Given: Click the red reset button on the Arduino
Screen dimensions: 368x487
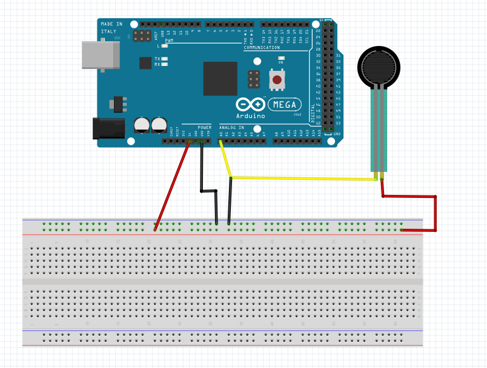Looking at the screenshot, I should click(277, 79).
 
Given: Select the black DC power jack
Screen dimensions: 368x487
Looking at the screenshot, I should click(104, 129).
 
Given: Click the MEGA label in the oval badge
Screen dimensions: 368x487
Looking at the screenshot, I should click(284, 104).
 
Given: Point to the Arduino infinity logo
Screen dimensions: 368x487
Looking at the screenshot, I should click(250, 105).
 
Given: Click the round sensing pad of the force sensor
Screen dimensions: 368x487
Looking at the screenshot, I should click(379, 65).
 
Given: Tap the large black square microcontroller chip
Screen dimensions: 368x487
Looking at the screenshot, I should click(220, 78).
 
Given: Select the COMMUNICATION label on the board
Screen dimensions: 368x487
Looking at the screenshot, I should click(262, 47).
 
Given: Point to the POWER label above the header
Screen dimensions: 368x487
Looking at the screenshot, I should click(204, 128).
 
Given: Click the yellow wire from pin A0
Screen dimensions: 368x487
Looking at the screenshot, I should click(303, 179).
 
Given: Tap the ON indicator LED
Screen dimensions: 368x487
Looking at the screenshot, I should click(280, 58).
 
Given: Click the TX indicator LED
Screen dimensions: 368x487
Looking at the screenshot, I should click(164, 59).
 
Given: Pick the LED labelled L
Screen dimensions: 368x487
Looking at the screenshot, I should click(164, 45).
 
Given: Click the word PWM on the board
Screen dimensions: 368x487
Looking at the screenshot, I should click(169, 41).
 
